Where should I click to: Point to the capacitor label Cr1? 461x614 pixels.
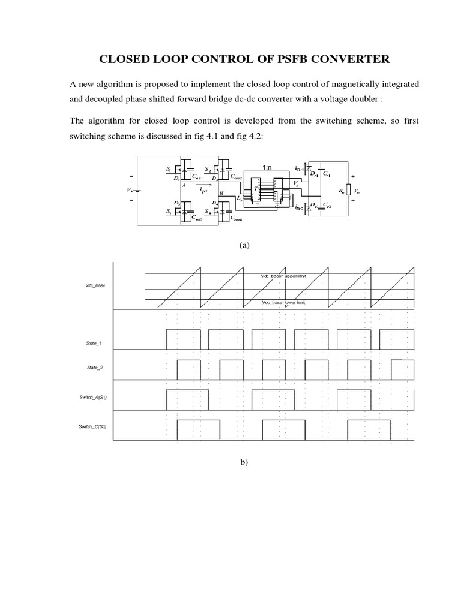[326, 174]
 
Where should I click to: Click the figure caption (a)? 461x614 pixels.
[244, 246]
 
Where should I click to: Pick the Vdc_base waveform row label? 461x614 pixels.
[95, 286]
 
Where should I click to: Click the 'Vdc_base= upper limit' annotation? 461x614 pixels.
[283, 275]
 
